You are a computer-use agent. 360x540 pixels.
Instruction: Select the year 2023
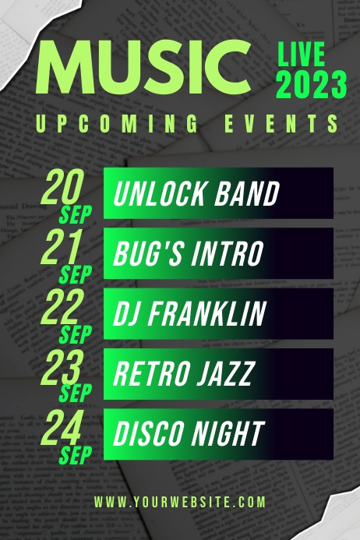[312, 84]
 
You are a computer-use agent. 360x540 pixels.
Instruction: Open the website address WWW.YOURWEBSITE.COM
[180, 502]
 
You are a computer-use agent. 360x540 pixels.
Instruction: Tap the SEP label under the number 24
[76, 454]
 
